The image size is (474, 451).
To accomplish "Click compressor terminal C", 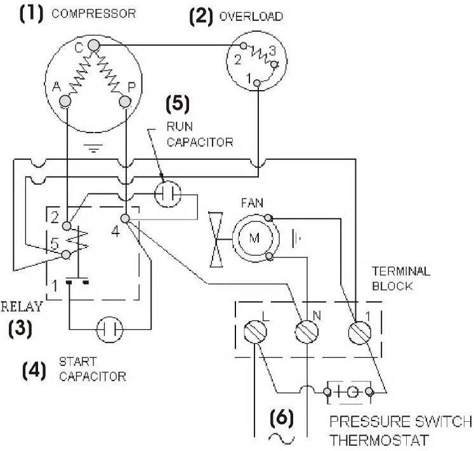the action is [94, 46].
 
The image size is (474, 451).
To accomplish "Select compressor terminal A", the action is [65, 101].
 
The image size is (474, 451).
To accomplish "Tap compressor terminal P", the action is [125, 101].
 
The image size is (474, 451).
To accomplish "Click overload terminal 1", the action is [257, 83].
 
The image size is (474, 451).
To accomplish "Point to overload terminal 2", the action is [244, 46].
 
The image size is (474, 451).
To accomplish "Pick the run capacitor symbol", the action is [168, 193].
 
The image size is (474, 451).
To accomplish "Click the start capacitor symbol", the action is [110, 329].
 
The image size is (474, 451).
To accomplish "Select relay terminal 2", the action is [67, 226].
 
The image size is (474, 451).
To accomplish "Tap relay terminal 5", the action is [66, 255].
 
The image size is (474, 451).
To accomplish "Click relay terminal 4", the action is [125, 218].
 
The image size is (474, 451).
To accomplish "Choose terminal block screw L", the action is [255, 332].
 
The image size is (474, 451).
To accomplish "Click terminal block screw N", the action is [306, 332].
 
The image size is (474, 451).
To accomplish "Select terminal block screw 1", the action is [360, 332].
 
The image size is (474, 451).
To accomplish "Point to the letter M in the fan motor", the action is [254, 238].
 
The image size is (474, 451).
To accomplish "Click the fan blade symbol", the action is [216, 240].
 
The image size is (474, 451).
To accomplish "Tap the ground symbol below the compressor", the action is [93, 148].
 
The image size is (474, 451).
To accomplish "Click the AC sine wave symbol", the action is [282, 438].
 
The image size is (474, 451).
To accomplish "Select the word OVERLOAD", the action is [251, 16].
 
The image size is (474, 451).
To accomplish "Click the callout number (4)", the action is [34, 370].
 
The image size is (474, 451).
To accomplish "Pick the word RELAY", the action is [22, 307].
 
